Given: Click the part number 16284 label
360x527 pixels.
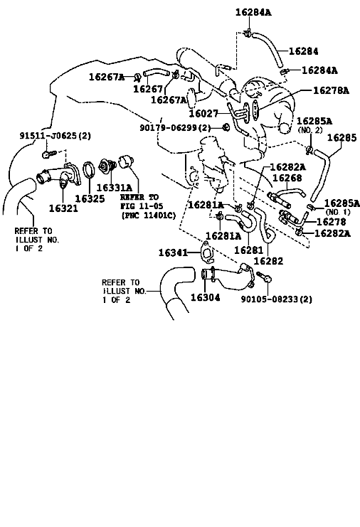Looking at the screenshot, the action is point(303,51).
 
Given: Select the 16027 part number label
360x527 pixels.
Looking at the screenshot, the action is point(203,114).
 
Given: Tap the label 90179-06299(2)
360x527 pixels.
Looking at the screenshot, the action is point(175,128).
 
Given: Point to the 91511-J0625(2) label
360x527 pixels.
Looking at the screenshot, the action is point(55,136).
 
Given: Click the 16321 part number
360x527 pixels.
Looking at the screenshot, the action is point(63,208).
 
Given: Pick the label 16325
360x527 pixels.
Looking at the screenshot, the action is point(90,198).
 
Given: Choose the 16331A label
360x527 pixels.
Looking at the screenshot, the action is point(115,187).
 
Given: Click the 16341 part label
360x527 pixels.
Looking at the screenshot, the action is point(173,252).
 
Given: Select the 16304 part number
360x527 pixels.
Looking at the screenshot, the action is point(206,297).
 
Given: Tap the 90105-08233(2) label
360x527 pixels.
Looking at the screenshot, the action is point(277,299).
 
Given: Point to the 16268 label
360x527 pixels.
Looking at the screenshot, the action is point(287,178).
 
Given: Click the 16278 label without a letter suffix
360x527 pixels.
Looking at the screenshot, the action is point(331,221).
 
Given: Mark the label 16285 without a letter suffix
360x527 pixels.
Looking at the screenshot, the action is point(342,137).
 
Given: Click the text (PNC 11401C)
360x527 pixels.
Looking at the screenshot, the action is point(148,215).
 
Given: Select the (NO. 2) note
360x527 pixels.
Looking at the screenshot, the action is point(310,129).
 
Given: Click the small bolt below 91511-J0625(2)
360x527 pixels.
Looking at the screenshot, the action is point(49,154).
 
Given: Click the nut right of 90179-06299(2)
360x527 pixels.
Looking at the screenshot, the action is point(226,127).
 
